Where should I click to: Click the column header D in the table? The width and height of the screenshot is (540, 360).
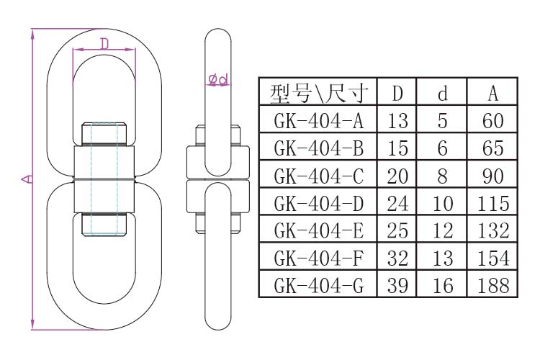click(x=398, y=93)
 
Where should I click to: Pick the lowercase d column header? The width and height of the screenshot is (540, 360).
click(x=443, y=93)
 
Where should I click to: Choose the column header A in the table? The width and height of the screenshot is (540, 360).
click(x=493, y=93)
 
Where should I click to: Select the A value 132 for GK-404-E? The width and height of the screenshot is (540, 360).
click(x=493, y=231)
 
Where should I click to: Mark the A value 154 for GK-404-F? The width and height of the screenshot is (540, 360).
click(x=493, y=258)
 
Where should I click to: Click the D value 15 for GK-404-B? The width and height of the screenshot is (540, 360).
click(x=398, y=148)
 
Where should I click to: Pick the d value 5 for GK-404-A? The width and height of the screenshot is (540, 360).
click(x=443, y=121)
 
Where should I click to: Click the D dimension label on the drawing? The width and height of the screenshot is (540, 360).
click(x=104, y=44)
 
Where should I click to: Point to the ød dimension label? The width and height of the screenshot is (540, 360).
click(x=218, y=78)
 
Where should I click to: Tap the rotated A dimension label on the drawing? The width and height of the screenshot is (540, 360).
click(x=25, y=178)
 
